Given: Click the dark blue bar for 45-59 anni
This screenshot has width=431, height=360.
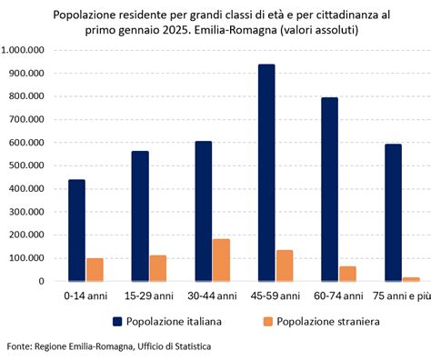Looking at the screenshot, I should pyautogui.click(x=267, y=173).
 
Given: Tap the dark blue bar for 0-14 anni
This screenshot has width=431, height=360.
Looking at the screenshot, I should pyautogui.click(x=76, y=230).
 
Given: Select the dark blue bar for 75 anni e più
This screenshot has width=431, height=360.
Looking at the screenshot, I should pyautogui.click(x=366, y=213).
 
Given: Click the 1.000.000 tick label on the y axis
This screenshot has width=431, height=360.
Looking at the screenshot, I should pyautogui.click(x=27, y=49).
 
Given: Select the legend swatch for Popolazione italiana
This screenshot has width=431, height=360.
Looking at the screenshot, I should pyautogui.click(x=117, y=321).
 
